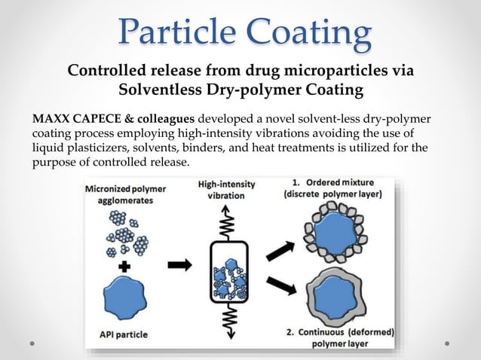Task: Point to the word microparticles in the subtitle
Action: click(332, 72)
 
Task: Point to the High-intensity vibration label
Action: click(226, 189)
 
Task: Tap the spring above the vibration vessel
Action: click(226, 222)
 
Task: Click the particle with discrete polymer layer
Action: click(333, 230)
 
